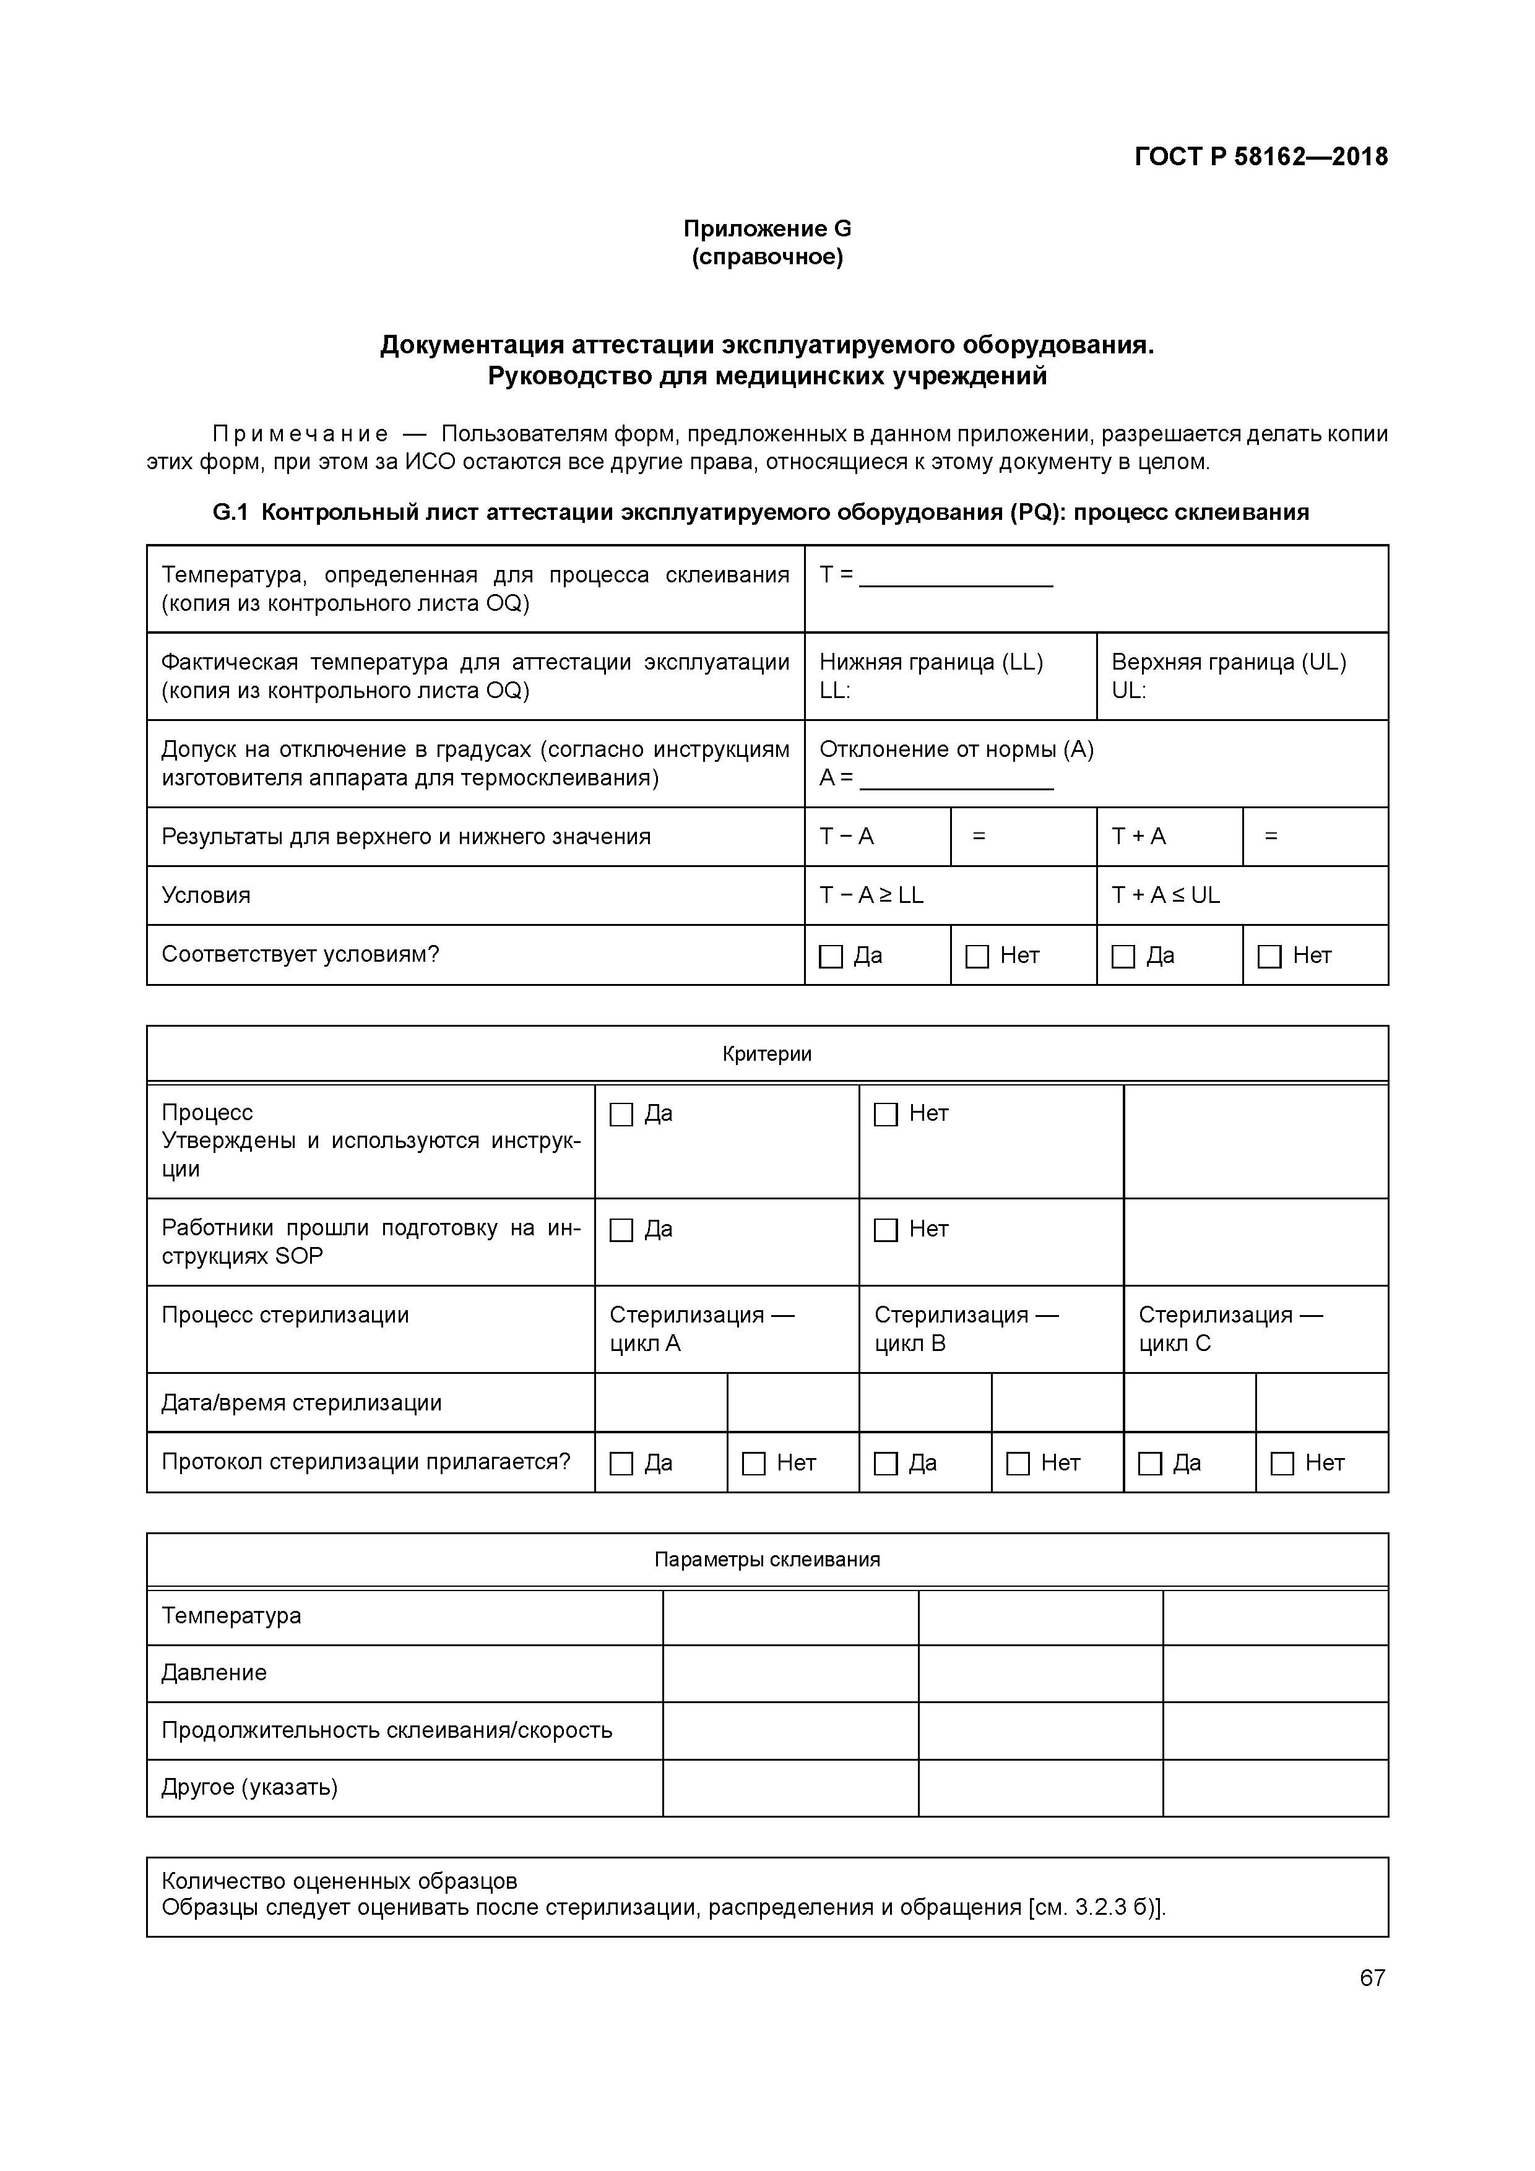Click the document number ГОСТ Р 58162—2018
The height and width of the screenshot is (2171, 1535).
point(1261,157)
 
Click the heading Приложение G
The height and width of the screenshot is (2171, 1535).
point(767,229)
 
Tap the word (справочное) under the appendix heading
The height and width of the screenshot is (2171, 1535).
point(767,257)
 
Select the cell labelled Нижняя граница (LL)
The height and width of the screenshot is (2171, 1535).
point(931,663)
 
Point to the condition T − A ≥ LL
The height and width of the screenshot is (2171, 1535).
point(871,896)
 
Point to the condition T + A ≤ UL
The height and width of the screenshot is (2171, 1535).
point(1165,896)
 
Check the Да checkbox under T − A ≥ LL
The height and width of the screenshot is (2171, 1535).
point(831,957)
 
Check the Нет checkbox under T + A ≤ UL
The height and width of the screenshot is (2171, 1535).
point(1269,957)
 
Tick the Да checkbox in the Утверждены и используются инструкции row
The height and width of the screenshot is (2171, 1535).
point(621,1115)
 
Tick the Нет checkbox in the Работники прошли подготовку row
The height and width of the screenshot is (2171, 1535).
point(886,1230)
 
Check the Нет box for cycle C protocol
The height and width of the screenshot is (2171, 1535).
point(1282,1464)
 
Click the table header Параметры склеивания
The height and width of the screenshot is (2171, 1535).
point(767,1560)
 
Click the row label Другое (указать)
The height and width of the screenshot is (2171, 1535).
point(249,1787)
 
